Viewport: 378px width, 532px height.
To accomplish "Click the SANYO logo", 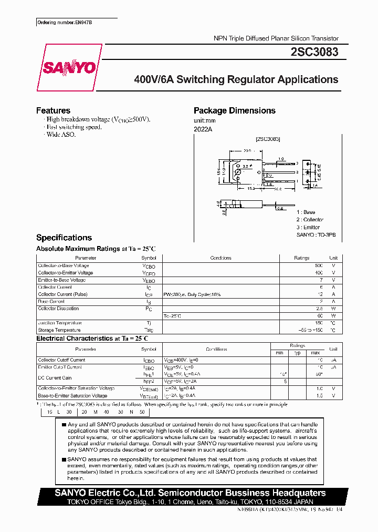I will tap(69, 67).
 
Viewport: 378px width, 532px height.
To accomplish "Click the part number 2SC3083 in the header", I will tap(314, 52).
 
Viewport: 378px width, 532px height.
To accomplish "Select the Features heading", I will tap(53, 110).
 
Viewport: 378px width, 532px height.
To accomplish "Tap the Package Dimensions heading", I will tap(234, 110).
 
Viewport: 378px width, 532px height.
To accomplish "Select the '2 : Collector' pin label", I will tap(310, 220).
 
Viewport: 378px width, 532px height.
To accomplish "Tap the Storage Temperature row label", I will tap(59, 330).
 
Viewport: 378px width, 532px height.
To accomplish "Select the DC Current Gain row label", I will tap(55, 378).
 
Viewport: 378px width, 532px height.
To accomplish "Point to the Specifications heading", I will tap(64, 238).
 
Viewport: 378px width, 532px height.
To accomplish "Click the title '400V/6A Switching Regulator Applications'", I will tap(236, 80).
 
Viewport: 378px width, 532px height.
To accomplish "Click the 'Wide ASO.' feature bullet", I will tap(61, 135).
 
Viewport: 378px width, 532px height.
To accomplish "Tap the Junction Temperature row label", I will tap(59, 323).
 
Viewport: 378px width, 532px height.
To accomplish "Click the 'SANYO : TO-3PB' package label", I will tap(315, 234).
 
